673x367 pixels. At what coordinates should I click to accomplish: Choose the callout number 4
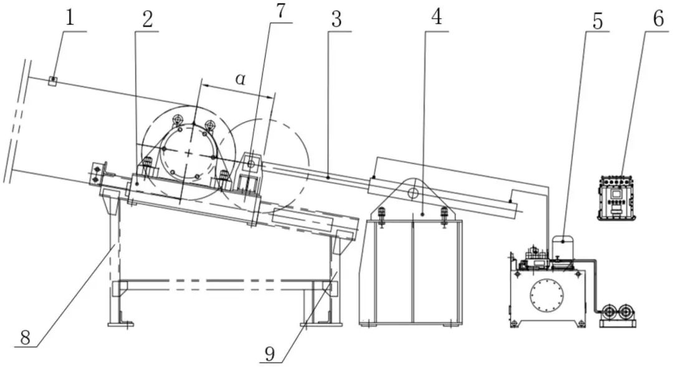pyautogui.click(x=436, y=17)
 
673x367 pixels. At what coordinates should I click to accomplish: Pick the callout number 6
pyautogui.click(x=659, y=18)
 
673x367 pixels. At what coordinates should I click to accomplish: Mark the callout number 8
pyautogui.click(x=26, y=337)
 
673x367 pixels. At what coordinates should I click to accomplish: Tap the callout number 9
pyautogui.click(x=270, y=353)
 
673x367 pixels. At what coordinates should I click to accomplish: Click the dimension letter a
pyautogui.click(x=241, y=78)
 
